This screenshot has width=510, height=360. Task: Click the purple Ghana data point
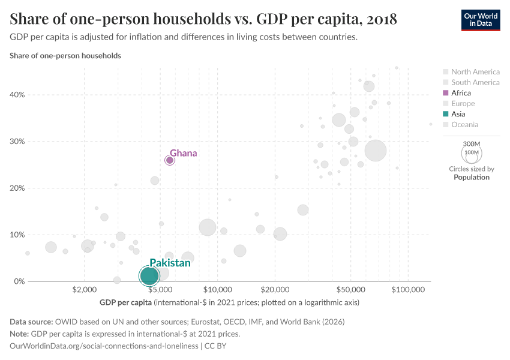170,160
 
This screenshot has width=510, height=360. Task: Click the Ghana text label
183,153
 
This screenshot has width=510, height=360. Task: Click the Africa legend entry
461,93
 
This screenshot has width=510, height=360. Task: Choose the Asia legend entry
458,114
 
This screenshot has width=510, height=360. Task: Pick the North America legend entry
475,72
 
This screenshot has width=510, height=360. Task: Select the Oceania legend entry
464,125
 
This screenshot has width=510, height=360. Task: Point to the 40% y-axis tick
16,95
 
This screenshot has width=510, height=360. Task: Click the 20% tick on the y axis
16,188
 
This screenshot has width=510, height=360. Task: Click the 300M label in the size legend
472,144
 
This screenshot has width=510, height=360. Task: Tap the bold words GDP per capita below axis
125,302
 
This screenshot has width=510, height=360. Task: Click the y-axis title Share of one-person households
65,56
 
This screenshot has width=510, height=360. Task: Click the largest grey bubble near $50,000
376,151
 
